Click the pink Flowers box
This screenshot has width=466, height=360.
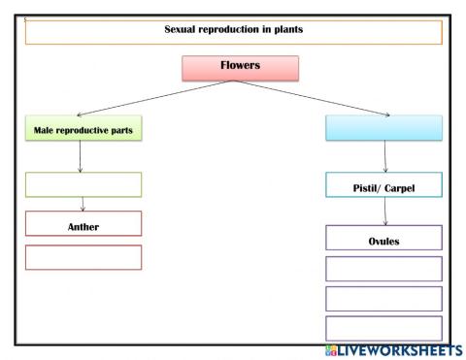240,68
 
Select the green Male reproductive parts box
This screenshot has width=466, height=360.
83,128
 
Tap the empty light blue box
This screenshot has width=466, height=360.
383,128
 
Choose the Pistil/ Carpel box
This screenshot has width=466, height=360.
383,185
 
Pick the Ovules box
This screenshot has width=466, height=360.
383,239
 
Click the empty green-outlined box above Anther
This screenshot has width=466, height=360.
83,184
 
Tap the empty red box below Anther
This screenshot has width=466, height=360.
83,257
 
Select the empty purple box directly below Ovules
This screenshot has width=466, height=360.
383,269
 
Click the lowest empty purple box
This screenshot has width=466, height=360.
383,328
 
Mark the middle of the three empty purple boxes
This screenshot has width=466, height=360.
383,298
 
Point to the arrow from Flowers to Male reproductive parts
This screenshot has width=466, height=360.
146,98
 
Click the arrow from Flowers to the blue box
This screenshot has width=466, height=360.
330,98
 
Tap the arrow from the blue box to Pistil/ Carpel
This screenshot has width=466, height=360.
385,156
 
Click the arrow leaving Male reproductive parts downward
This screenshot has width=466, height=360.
80,156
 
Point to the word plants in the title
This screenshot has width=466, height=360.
286,30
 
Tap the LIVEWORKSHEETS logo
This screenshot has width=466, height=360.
394,349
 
